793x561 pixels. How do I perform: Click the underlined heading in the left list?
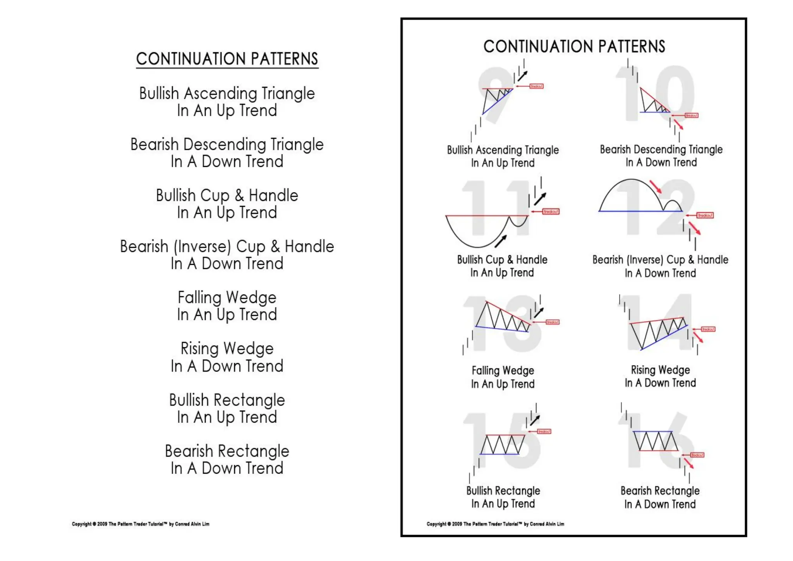[227, 59]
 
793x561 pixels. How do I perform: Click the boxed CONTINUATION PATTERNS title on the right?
[574, 46]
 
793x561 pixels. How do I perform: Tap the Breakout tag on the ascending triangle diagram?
[536, 86]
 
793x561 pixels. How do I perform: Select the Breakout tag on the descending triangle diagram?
[692, 115]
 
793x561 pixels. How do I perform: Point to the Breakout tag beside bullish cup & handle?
[551, 211]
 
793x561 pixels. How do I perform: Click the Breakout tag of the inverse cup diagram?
[705, 215]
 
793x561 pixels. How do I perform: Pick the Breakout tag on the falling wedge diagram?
[553, 322]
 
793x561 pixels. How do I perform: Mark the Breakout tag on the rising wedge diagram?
[708, 329]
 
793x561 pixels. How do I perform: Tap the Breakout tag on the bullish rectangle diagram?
[544, 432]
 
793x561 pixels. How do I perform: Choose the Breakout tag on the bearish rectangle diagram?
[697, 455]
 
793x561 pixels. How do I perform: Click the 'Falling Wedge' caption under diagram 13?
[503, 371]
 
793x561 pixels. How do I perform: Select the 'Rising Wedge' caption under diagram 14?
[660, 370]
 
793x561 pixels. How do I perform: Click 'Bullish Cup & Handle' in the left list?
[227, 196]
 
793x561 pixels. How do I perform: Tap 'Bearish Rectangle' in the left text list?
[227, 451]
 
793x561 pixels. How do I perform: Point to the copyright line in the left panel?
[141, 524]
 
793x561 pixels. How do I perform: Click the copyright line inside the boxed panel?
[495, 524]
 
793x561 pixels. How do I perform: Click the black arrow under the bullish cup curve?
[501, 241]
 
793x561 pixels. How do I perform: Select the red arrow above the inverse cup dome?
[656, 187]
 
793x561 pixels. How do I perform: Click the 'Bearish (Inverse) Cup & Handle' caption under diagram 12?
[660, 260]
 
